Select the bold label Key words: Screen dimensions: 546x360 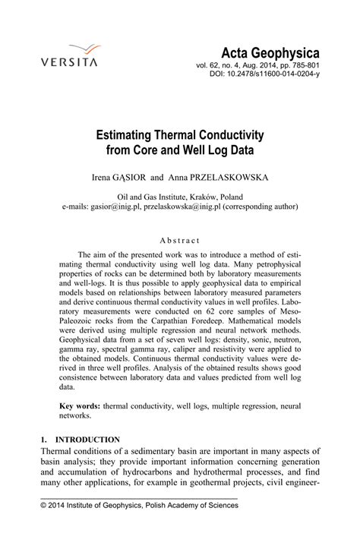pyautogui.click(x=80, y=406)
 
